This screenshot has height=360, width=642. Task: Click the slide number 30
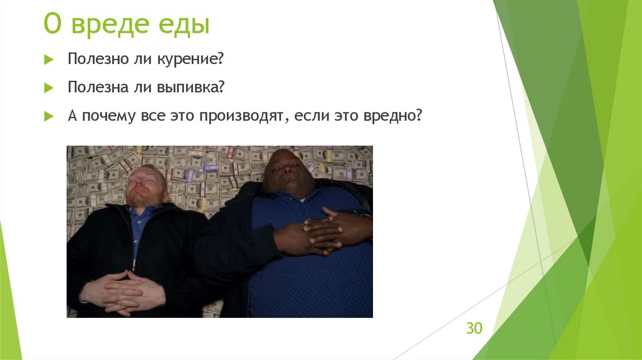pos(473,329)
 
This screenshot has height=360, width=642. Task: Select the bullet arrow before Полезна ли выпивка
pos(48,88)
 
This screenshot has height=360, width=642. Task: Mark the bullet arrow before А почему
pos(48,117)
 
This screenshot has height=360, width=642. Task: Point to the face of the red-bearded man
pos(145,186)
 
